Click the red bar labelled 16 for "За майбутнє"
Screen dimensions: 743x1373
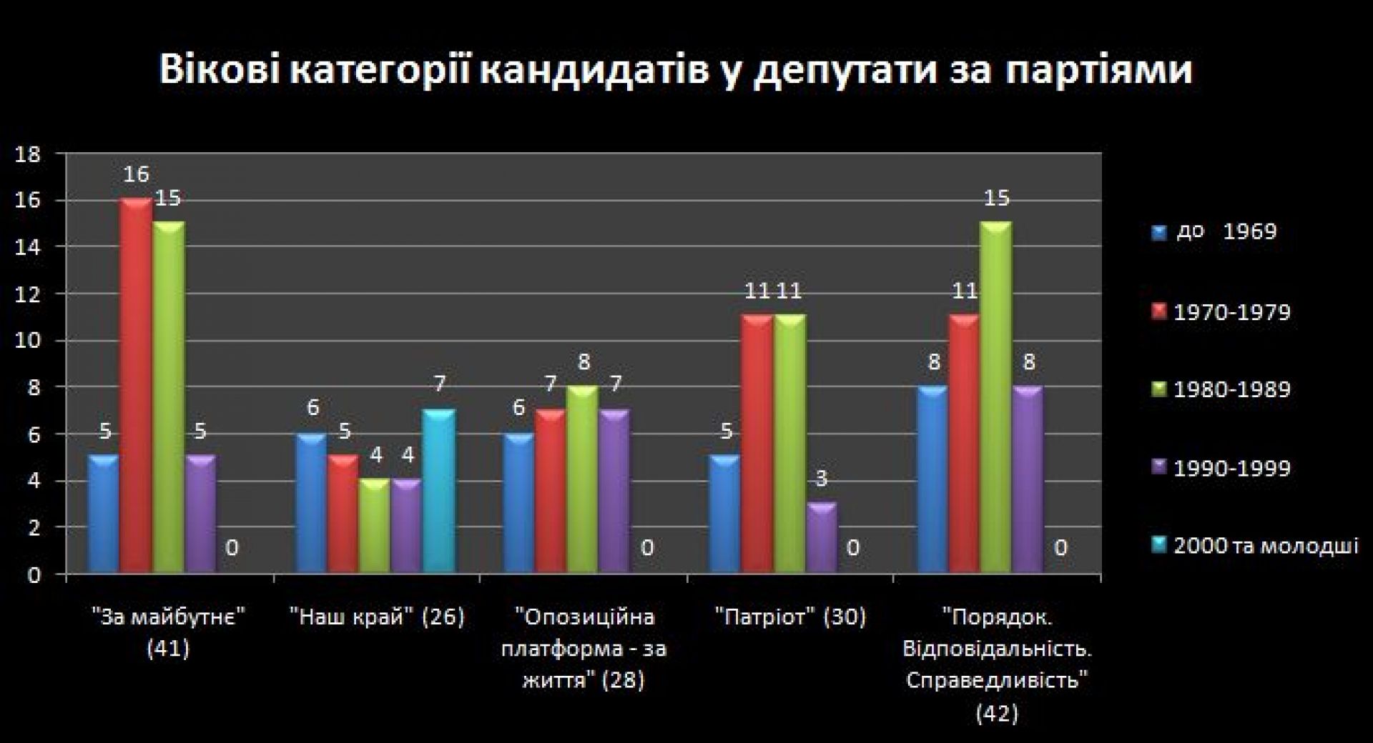point(136,386)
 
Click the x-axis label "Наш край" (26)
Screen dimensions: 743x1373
point(378,617)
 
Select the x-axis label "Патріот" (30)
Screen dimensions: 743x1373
point(790,617)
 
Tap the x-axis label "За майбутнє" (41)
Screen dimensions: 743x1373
point(169,632)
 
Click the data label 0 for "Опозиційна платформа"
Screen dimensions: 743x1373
point(647,548)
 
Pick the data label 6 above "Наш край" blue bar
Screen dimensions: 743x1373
point(312,408)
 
